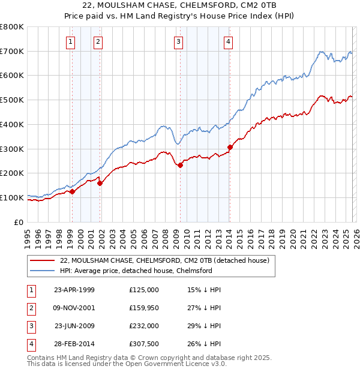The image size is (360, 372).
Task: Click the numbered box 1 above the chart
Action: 71,41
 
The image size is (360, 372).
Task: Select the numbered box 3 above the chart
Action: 178,41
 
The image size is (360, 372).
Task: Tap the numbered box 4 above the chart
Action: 229,41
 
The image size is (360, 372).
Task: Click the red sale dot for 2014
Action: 230,147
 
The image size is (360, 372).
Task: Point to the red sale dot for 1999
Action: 72,191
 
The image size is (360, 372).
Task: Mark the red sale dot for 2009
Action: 180,166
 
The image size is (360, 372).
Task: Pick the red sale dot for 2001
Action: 100,183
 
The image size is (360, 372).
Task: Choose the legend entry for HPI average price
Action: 136,271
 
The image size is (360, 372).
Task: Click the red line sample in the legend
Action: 42,261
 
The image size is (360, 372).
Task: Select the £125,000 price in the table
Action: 143,290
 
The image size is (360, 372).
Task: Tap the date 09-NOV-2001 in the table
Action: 74,307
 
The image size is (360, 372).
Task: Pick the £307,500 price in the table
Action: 143,344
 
